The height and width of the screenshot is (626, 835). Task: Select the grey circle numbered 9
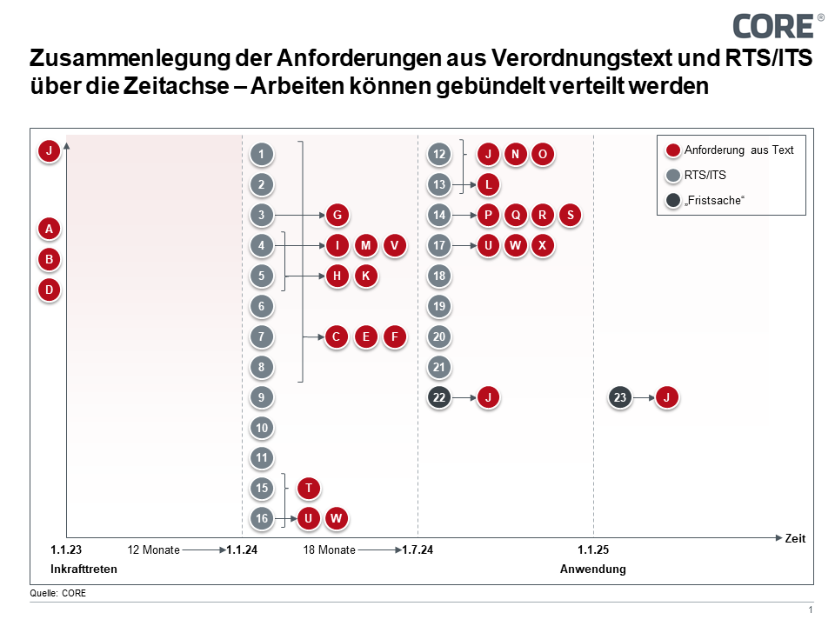click(262, 397)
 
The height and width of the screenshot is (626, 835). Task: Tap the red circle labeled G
click(337, 215)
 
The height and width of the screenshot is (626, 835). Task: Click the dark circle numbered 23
click(620, 397)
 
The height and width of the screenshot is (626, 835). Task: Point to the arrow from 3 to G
click(300, 215)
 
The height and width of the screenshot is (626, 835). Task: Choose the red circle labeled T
click(309, 489)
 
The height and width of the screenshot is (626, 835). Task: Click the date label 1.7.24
click(417, 549)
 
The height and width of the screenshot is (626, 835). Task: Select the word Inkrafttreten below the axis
click(83, 569)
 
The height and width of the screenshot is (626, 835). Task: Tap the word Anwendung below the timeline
click(592, 569)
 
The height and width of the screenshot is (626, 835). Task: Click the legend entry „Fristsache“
click(715, 201)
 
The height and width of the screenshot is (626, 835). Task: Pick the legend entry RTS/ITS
click(706, 175)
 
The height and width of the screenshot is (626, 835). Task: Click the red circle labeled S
click(570, 215)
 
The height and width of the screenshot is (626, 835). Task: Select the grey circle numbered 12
click(439, 155)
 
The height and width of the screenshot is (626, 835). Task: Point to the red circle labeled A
click(50, 229)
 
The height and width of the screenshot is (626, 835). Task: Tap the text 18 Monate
click(329, 549)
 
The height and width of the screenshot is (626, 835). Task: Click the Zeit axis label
click(795, 538)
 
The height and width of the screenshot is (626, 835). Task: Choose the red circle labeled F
click(395, 336)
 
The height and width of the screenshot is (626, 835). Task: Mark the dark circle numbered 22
click(439, 397)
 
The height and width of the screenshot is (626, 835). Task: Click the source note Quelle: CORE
click(58, 593)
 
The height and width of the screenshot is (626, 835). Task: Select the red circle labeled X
click(543, 245)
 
